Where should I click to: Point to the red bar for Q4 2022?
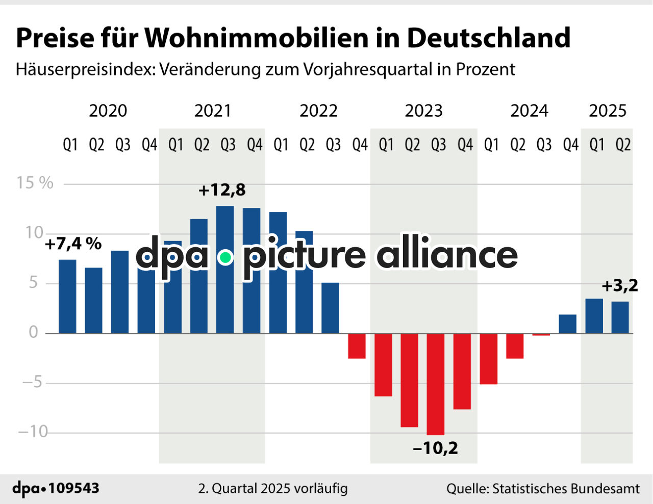click(x=357, y=346)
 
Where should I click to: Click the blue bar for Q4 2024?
click(x=568, y=324)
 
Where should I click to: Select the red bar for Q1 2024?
click(x=488, y=359)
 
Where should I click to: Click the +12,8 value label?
click(x=222, y=190)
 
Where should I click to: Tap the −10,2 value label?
click(x=435, y=448)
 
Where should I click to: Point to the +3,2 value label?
click(x=620, y=286)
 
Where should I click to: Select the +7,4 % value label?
click(x=73, y=244)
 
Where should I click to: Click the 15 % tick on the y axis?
click(x=35, y=183)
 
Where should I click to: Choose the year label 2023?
click(x=423, y=111)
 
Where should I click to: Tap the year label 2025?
click(x=607, y=111)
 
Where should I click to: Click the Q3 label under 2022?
click(x=333, y=145)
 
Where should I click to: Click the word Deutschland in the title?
click(x=488, y=38)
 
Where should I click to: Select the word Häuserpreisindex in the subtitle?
click(x=85, y=69)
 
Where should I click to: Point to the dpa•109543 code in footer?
click(x=56, y=488)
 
